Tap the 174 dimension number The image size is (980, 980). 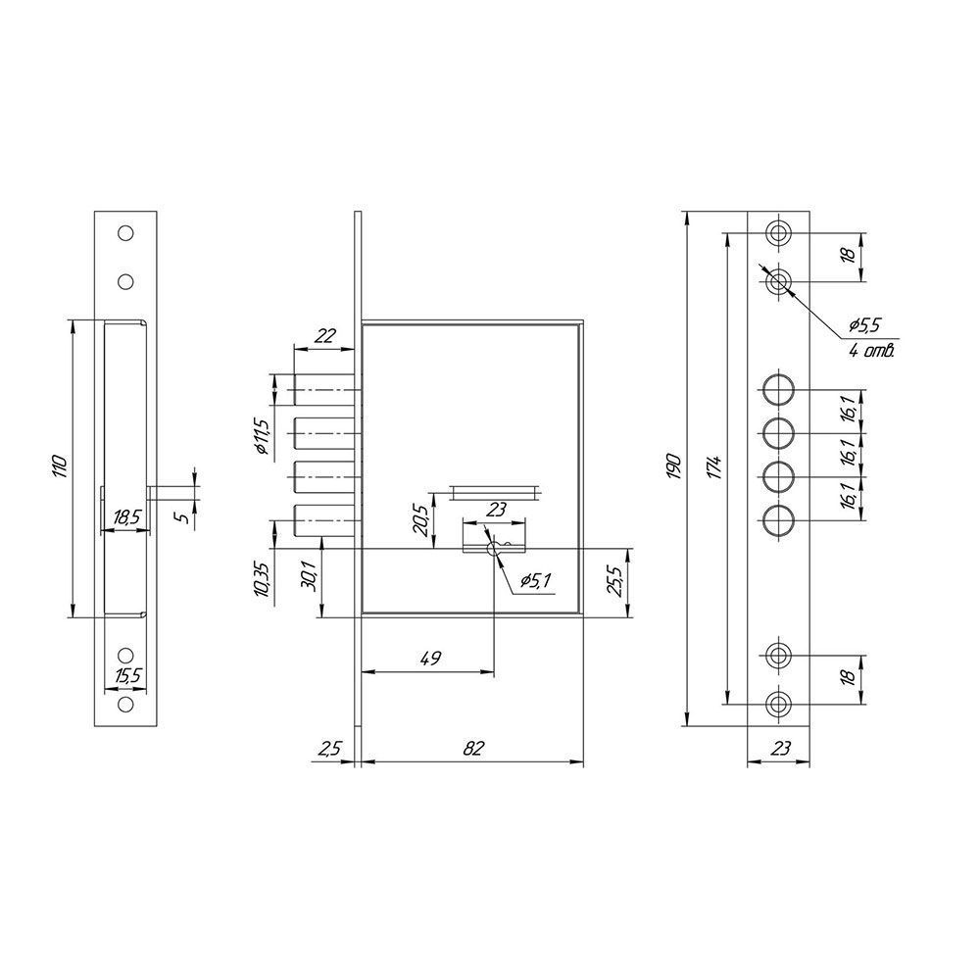[716, 467]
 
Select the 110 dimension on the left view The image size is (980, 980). [60, 466]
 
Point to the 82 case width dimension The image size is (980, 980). [473, 748]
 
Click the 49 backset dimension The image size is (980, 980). [430, 659]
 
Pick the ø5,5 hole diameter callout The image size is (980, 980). [864, 324]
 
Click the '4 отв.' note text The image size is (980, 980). [872, 350]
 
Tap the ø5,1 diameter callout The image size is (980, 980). [535, 580]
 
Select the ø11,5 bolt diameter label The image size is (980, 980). [262, 437]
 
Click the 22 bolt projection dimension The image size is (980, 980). [325, 335]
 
